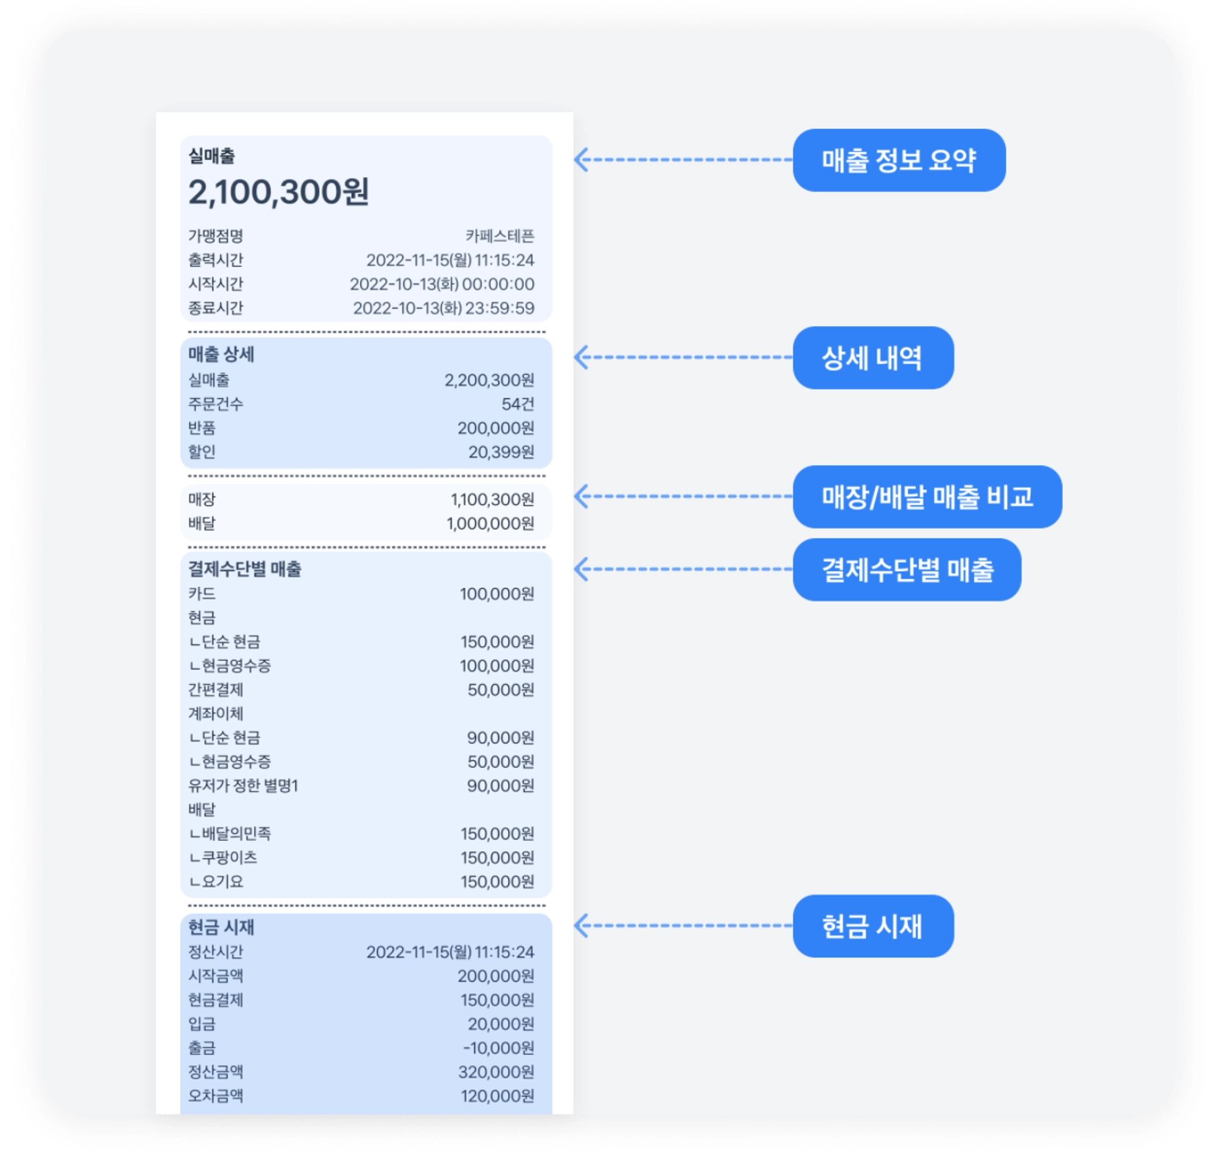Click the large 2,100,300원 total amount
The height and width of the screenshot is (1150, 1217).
pos(278,192)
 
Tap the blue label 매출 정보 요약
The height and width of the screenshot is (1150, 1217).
pos(898,160)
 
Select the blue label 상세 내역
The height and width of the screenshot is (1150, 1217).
pos(873,358)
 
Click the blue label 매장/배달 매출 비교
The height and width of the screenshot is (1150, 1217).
pos(926,497)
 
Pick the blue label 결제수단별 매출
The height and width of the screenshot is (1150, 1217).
pos(906,570)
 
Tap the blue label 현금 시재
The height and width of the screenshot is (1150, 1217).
pos(873,925)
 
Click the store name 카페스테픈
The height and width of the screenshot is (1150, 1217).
pos(499,236)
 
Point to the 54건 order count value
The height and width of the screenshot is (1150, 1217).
pos(517,404)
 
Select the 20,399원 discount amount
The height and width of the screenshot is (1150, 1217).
pos(501,451)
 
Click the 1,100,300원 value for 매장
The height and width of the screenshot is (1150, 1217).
pos(492,500)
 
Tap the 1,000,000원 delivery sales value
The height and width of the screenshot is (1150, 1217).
pos(490,523)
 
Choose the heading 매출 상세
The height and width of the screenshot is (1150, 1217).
pos(221,354)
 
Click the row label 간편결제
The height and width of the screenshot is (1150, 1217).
pos(215,689)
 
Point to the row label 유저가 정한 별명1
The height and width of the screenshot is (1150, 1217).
pos(243,786)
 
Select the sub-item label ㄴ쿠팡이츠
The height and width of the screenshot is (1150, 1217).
pos(223,857)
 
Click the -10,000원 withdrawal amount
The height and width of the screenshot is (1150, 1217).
pos(498,1048)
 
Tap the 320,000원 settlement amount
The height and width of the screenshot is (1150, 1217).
pos(496,1072)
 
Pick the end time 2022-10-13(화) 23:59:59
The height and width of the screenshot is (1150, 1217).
pos(443,308)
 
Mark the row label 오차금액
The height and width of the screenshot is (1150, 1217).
pos(215,1095)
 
